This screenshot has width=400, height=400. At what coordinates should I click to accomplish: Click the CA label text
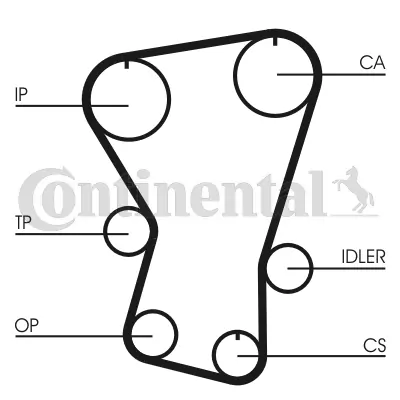372,63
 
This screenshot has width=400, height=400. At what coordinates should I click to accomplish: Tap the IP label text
21,94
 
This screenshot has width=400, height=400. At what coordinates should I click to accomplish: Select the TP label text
23,223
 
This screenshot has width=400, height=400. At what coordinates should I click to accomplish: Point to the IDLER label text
363,257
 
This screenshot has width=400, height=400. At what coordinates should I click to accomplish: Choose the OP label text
27,325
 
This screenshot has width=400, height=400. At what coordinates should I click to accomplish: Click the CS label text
374,345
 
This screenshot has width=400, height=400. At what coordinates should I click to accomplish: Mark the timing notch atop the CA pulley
275,41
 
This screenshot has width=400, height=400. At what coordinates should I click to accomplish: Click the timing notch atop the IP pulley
127,64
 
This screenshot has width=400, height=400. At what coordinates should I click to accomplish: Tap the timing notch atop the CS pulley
238,336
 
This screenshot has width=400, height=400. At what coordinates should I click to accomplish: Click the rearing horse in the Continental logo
354,190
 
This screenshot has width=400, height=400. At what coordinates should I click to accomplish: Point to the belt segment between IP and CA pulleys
196,43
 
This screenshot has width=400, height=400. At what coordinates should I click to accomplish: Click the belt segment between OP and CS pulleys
192,368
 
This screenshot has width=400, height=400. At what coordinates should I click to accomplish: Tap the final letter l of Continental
319,193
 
